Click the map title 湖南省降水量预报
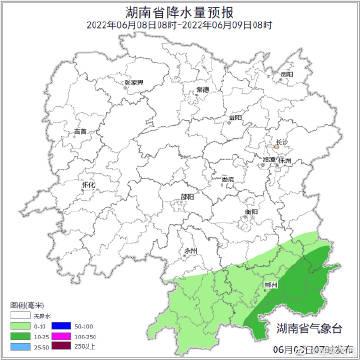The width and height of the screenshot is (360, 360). (180, 11)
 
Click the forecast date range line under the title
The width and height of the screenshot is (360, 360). (180, 24)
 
